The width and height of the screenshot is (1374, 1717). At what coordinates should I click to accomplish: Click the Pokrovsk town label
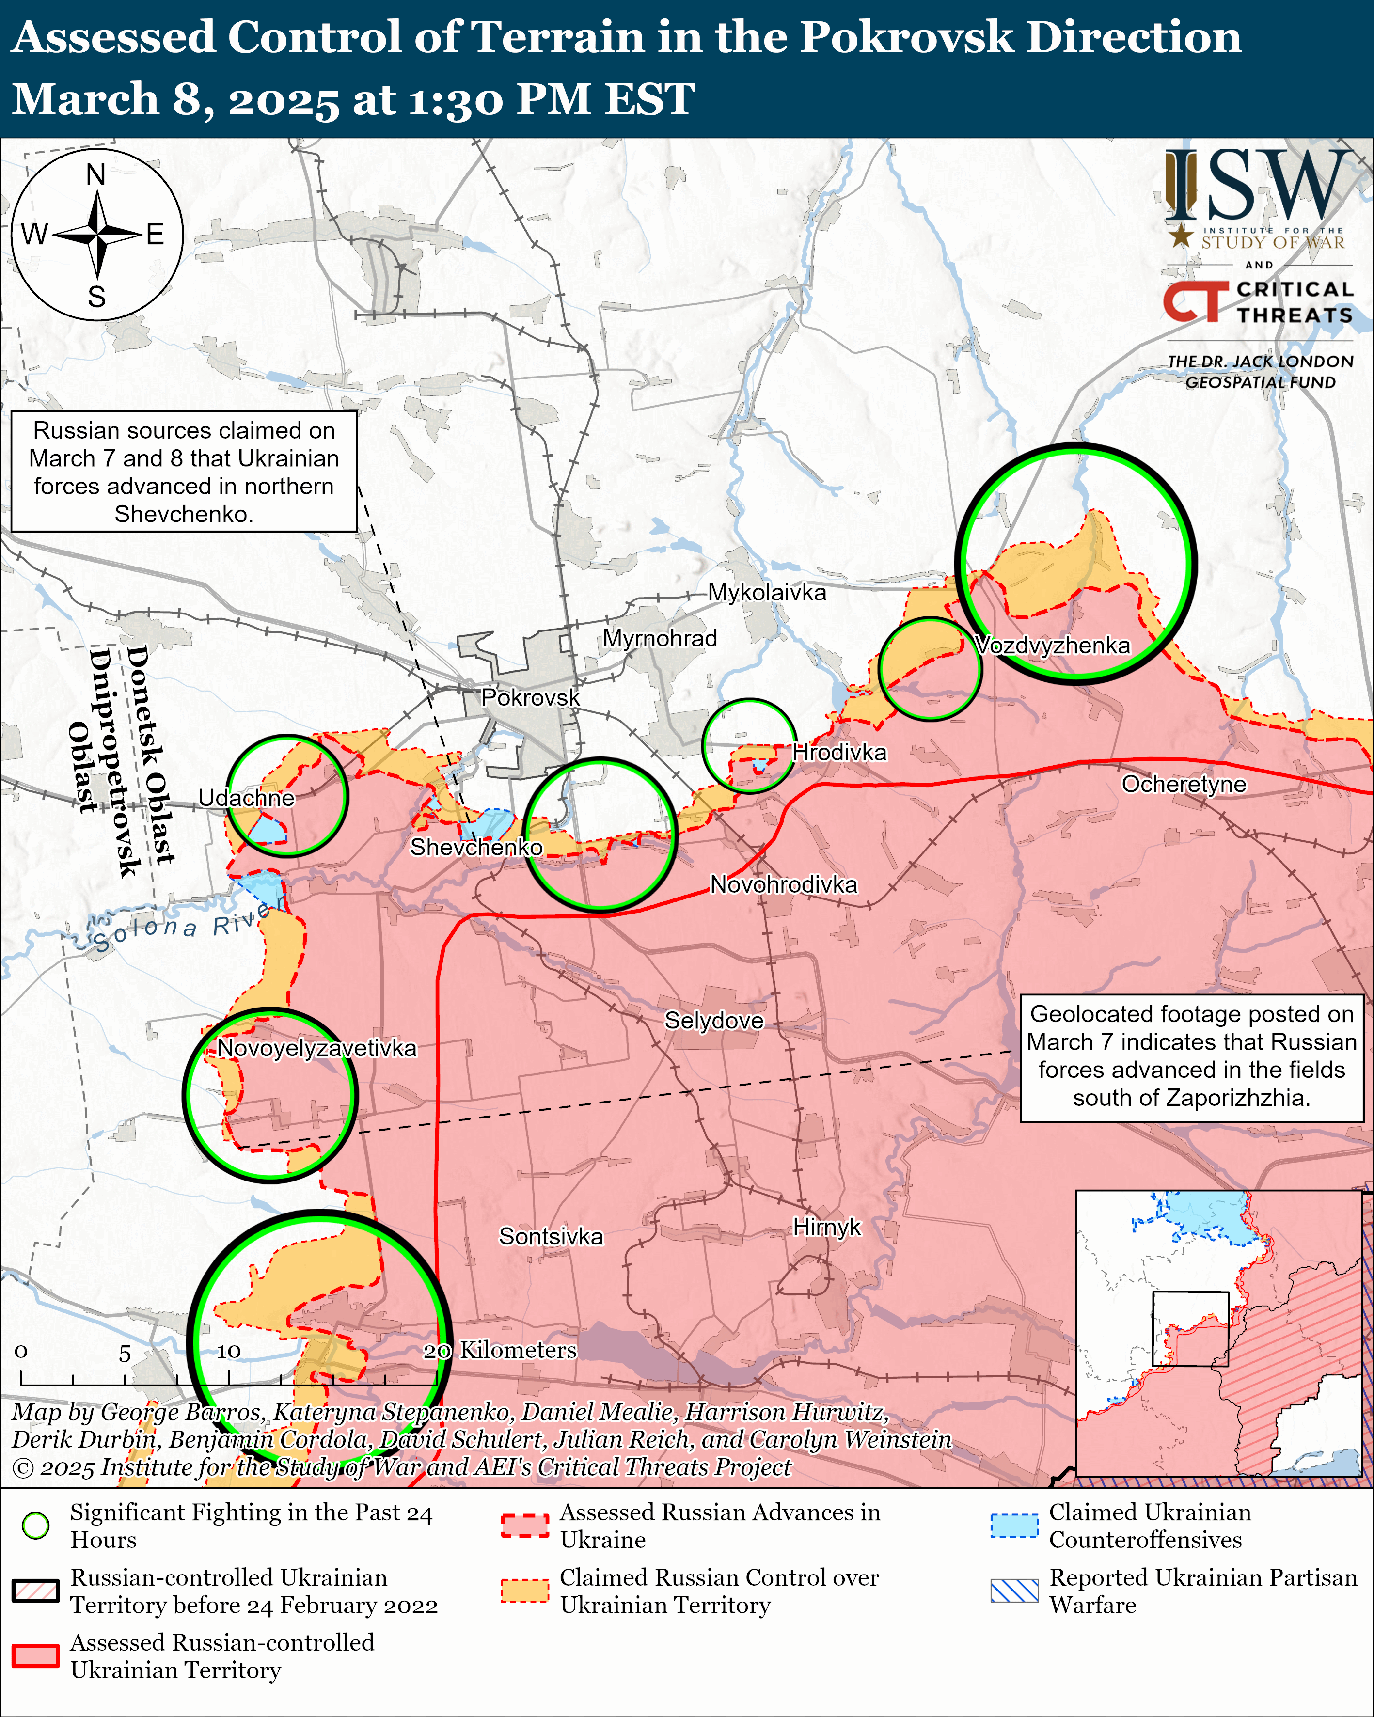(x=531, y=698)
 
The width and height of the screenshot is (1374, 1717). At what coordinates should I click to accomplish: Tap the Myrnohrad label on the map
(x=660, y=639)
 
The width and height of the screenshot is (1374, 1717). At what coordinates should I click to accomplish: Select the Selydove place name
(x=714, y=1021)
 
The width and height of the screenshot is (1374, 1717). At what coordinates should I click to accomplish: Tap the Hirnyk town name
(x=827, y=1227)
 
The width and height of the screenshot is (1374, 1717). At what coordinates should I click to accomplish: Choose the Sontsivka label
(x=551, y=1237)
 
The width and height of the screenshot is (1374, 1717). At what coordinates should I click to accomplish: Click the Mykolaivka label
(x=767, y=593)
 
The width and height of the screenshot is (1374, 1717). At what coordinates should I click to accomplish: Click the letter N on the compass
(x=96, y=174)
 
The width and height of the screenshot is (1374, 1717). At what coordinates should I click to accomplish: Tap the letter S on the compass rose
(x=96, y=297)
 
